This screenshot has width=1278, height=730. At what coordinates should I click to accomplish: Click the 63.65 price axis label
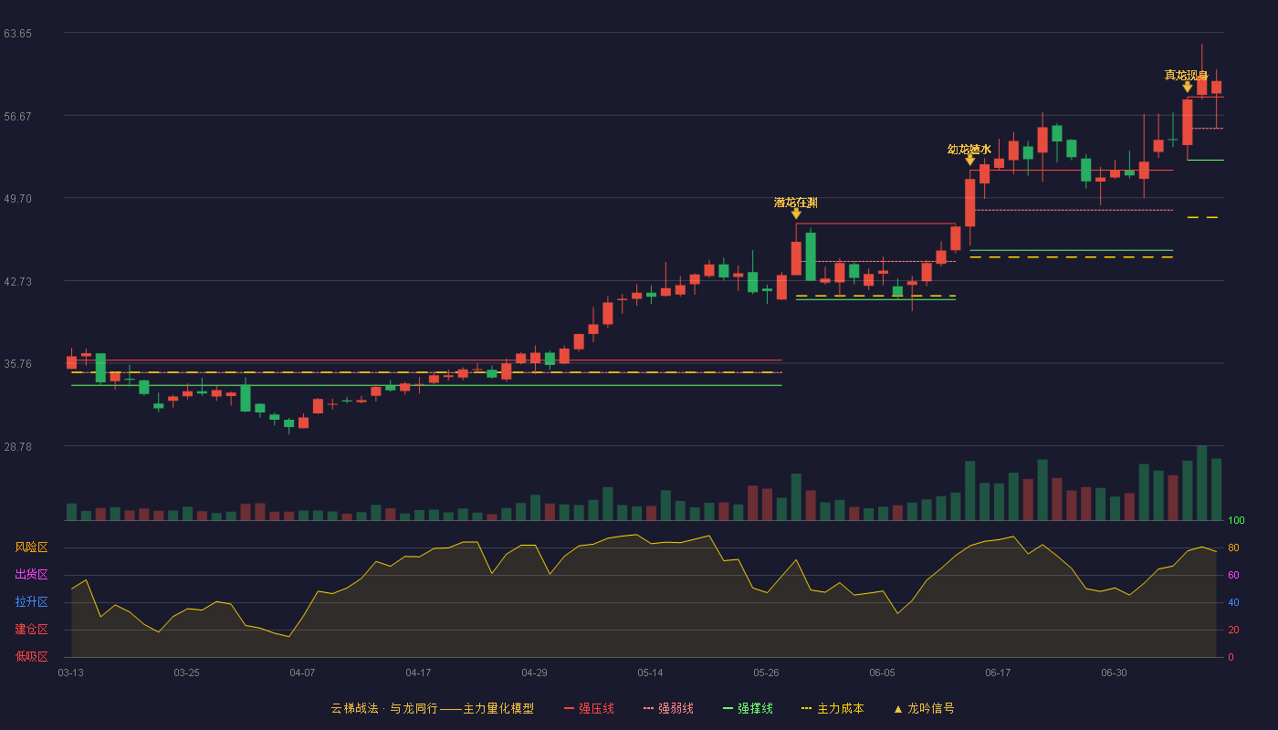pos(17,34)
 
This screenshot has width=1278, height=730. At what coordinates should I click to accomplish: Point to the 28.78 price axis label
pos(17,446)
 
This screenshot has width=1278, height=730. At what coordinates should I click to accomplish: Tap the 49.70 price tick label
pos(17,199)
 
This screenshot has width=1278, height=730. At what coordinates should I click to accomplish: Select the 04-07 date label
pos(302,673)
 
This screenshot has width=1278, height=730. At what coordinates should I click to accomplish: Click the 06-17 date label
pos(997,673)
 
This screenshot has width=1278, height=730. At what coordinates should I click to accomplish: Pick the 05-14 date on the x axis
pos(650,673)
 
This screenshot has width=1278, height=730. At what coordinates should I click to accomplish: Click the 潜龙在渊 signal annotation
pos(796,203)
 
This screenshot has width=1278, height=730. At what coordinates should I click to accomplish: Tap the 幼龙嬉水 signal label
pos(969,150)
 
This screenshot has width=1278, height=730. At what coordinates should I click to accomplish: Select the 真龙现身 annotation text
pos(1186,75)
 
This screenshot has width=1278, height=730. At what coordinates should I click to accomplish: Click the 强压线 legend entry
pos(589,708)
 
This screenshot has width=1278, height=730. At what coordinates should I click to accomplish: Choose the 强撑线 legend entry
pos(748,708)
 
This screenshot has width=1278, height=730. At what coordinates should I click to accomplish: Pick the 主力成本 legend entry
pos(833,708)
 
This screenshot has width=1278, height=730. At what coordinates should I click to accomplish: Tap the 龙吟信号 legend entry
pos(924,708)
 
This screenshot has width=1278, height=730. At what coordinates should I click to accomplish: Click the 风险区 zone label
pos(31,547)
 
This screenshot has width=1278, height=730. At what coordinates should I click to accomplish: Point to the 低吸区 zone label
pos(31,657)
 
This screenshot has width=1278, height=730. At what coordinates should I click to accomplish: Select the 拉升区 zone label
pos(31,602)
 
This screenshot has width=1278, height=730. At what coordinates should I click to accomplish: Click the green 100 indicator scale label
pos(1236,520)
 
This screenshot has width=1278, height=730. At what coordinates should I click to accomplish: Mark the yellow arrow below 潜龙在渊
pos(796,214)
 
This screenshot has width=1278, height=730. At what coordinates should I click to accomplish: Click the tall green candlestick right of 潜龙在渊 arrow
pos(811,256)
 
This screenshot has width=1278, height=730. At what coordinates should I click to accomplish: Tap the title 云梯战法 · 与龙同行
pos(383,708)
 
